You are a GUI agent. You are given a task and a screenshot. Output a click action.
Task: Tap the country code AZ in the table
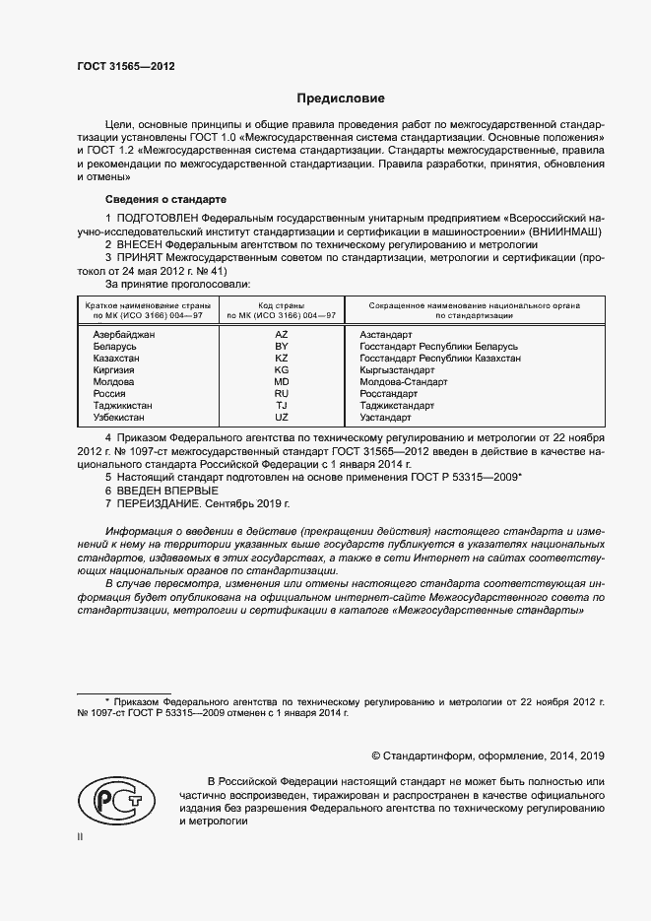281,335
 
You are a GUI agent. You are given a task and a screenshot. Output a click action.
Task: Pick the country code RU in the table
281,392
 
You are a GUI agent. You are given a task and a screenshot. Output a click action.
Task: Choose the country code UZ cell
281,416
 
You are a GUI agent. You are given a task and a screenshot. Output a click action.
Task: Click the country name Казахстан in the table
116,359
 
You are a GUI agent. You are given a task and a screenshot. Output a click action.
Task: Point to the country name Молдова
113,381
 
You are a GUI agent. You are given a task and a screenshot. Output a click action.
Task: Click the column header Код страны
281,306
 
